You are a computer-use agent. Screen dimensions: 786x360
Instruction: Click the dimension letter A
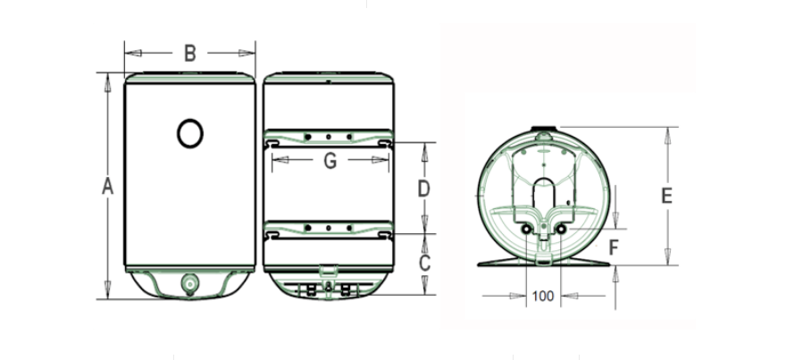[108, 187]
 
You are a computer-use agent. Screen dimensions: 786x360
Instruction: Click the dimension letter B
[189, 53]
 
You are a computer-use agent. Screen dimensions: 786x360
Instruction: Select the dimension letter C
[424, 263]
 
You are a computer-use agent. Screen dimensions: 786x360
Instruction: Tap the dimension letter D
[424, 189]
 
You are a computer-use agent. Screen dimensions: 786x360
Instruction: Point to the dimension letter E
[666, 196]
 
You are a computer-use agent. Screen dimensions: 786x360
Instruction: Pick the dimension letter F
[614, 247]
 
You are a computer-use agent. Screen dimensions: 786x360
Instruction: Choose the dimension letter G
[330, 161]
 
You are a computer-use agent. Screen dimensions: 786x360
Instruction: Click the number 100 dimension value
[543, 297]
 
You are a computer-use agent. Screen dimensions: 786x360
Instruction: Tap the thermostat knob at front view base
[189, 284]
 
